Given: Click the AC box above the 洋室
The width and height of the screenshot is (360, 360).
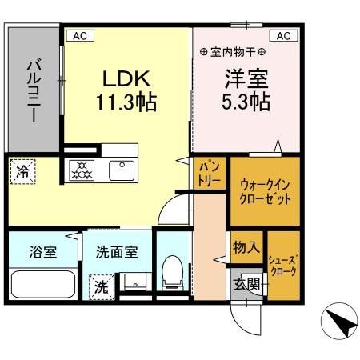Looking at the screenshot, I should [x=285, y=35].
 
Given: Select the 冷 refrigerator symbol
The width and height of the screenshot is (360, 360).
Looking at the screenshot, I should [x=22, y=170].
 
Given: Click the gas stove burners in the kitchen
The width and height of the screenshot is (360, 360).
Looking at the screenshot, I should [x=82, y=170].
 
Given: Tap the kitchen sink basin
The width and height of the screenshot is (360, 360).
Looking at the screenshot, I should [x=122, y=170].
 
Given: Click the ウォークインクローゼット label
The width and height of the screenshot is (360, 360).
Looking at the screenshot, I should [x=265, y=192].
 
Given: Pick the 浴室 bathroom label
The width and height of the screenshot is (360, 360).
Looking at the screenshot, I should [x=44, y=252].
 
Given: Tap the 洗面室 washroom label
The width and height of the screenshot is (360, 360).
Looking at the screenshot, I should [x=117, y=252].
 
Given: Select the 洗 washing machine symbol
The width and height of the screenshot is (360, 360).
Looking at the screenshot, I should [x=102, y=285].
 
